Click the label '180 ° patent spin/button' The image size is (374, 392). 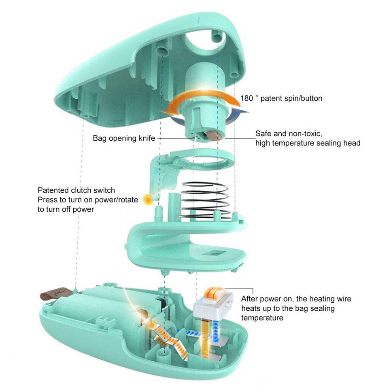[x=281, y=98]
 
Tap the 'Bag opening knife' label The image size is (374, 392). [x=124, y=138]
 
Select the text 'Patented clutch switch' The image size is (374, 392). [x=76, y=190]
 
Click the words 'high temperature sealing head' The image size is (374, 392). [x=308, y=143]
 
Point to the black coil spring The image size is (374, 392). [x=205, y=200]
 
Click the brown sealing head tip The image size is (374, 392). [x=214, y=135]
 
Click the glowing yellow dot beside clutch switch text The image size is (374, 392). [x=148, y=200]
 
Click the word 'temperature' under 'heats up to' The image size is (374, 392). [x=262, y=318]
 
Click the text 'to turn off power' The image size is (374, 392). [x=66, y=209]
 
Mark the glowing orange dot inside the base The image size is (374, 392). [x=151, y=325]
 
